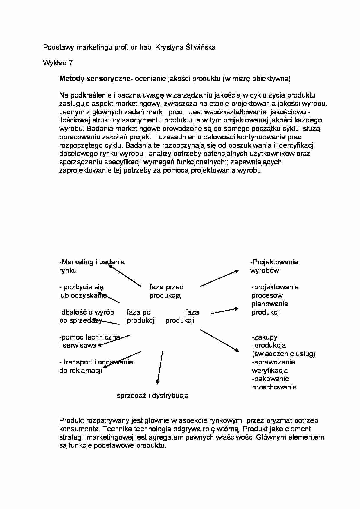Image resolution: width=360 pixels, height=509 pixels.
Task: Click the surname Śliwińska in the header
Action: (x=200, y=47)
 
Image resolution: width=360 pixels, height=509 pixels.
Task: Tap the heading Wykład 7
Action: (x=58, y=63)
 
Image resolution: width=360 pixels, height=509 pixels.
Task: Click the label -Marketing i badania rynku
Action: (x=92, y=266)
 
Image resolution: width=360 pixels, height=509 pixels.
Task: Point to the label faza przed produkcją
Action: (x=166, y=291)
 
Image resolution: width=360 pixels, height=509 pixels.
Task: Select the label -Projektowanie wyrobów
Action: (x=274, y=266)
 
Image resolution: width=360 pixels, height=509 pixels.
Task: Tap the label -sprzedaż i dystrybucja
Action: (x=152, y=395)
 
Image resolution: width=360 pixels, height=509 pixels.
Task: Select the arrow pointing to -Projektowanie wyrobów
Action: (x=219, y=278)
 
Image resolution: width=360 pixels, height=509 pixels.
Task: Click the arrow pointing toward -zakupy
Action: (x=219, y=340)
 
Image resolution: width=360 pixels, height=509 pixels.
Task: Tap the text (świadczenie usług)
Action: (x=283, y=354)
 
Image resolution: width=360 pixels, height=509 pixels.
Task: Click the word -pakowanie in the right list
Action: (x=270, y=379)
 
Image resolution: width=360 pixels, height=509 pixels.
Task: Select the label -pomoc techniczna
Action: (x=89, y=337)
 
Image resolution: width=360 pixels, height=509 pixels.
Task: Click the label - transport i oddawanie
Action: (x=96, y=362)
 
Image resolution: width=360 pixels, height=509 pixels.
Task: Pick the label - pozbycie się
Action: (x=81, y=287)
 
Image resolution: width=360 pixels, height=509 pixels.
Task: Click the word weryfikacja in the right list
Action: (x=270, y=371)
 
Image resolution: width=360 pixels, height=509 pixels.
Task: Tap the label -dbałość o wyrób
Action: (x=87, y=312)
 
